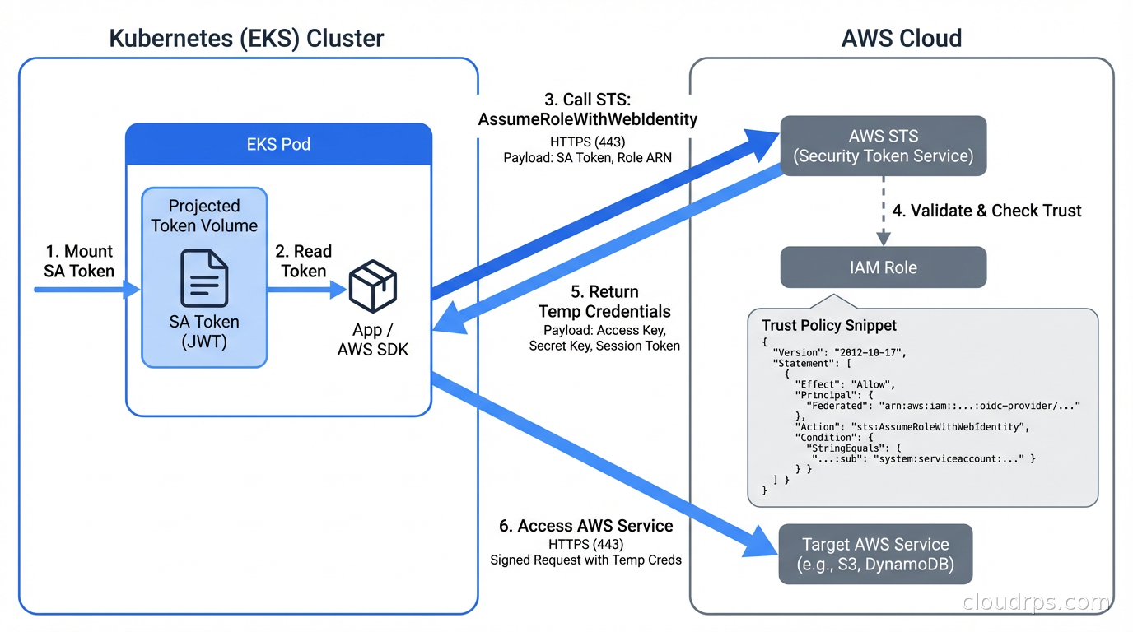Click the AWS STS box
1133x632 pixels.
point(883,146)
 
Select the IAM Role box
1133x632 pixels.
point(883,267)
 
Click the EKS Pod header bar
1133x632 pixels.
point(278,144)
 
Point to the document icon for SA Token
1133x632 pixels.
point(204,279)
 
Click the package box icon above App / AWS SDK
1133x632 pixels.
point(373,287)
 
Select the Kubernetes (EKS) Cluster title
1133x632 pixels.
point(246,38)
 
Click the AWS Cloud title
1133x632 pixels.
point(902,38)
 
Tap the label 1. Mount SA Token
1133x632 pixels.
point(78,261)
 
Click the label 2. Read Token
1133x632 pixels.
point(303,261)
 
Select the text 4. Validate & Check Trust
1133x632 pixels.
point(986,211)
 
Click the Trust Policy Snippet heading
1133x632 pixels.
point(828,326)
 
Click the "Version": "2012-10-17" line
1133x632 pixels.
point(839,351)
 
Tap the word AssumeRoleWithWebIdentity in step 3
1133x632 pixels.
point(587,120)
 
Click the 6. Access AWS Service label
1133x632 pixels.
point(585,526)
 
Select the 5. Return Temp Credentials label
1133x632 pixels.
point(604,302)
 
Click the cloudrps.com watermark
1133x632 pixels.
point(1035,603)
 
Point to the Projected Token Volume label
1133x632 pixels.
point(204,216)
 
